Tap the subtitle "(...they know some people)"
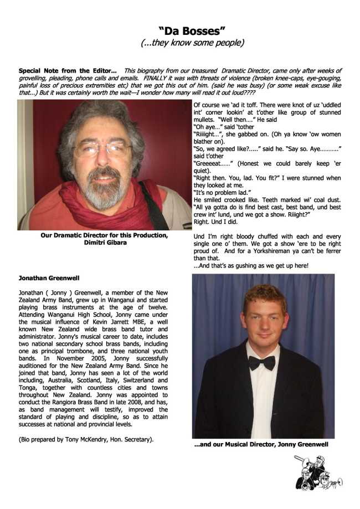[x=192, y=43]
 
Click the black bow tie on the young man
[x=261, y=362]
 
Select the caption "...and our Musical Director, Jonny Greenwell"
[x=261, y=444]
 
